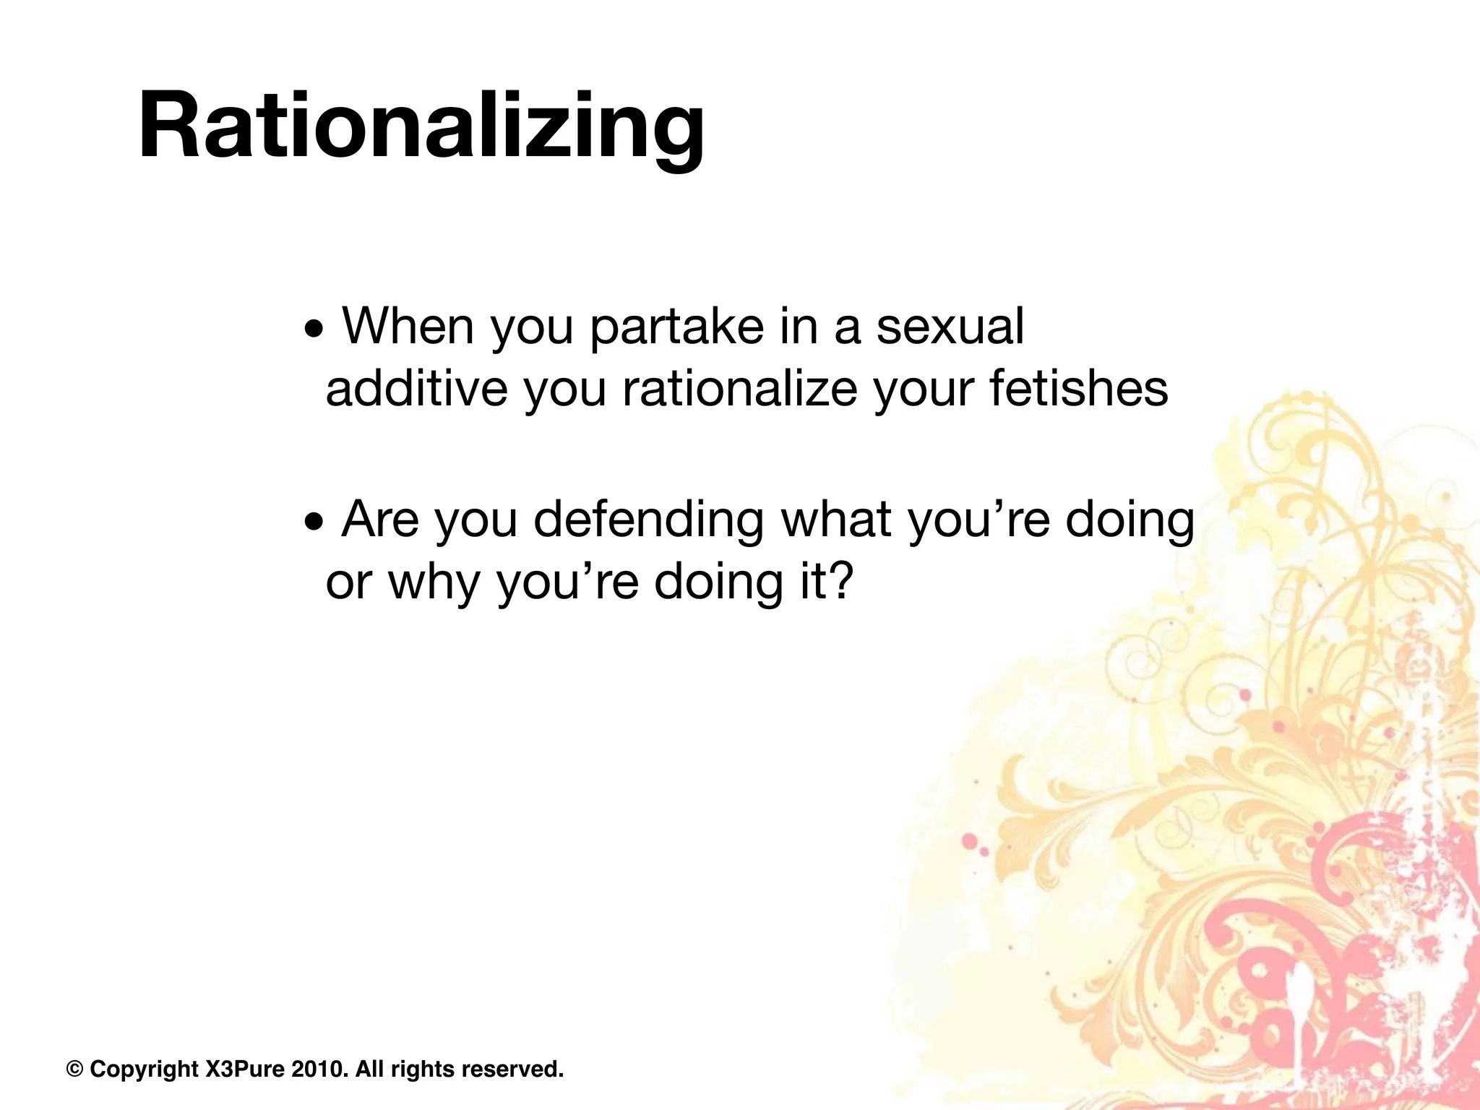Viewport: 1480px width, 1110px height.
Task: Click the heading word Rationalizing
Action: point(421,124)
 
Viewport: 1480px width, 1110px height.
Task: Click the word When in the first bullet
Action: point(407,327)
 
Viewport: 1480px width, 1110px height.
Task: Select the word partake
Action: point(676,327)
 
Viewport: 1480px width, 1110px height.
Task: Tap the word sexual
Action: point(950,327)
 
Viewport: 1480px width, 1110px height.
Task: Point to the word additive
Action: point(416,389)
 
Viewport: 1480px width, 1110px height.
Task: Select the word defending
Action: point(648,520)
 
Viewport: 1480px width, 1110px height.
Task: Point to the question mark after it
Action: point(840,582)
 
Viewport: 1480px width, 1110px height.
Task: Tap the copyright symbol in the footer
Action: point(74,1069)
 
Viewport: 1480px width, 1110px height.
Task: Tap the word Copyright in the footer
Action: point(144,1069)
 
